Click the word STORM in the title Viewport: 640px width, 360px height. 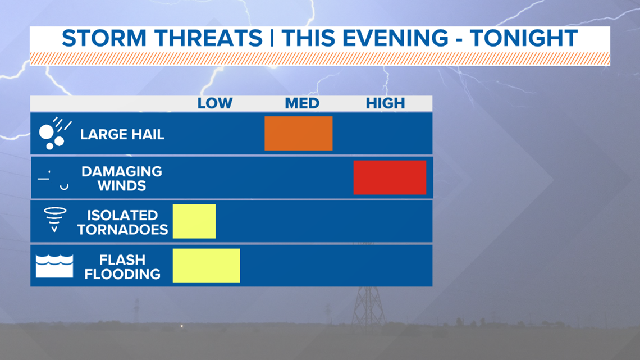pyautogui.click(x=104, y=38)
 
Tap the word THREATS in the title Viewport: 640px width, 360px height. pyautogui.click(x=208, y=38)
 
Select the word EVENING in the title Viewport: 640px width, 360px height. pyautogui.click(x=395, y=38)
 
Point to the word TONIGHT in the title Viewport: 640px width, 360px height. pyautogui.click(x=524, y=38)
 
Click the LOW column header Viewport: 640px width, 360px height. pyautogui.click(x=214, y=103)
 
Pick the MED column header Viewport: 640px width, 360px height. pyautogui.click(x=302, y=103)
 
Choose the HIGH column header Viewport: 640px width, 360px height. pyautogui.click(x=385, y=103)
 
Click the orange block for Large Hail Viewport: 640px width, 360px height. pyautogui.click(x=298, y=134)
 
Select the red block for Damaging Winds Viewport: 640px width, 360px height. pyautogui.click(x=390, y=177)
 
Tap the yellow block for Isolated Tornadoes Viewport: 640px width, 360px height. pyautogui.click(x=194, y=221)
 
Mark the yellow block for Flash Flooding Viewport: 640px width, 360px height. pyautogui.click(x=206, y=266)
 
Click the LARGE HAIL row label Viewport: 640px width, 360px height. pyautogui.click(x=122, y=134)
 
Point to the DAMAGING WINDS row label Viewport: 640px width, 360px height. pyautogui.click(x=122, y=179)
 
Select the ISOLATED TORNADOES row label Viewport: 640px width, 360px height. pyautogui.click(x=122, y=222)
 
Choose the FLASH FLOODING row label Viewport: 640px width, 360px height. pyautogui.click(x=122, y=267)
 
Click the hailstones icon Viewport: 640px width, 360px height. pyautogui.click(x=54, y=134)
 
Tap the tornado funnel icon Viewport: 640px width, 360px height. pyautogui.click(x=54, y=220)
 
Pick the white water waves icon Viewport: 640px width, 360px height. pyautogui.click(x=54, y=266)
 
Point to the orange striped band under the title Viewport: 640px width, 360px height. pyautogui.click(x=320, y=58)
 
